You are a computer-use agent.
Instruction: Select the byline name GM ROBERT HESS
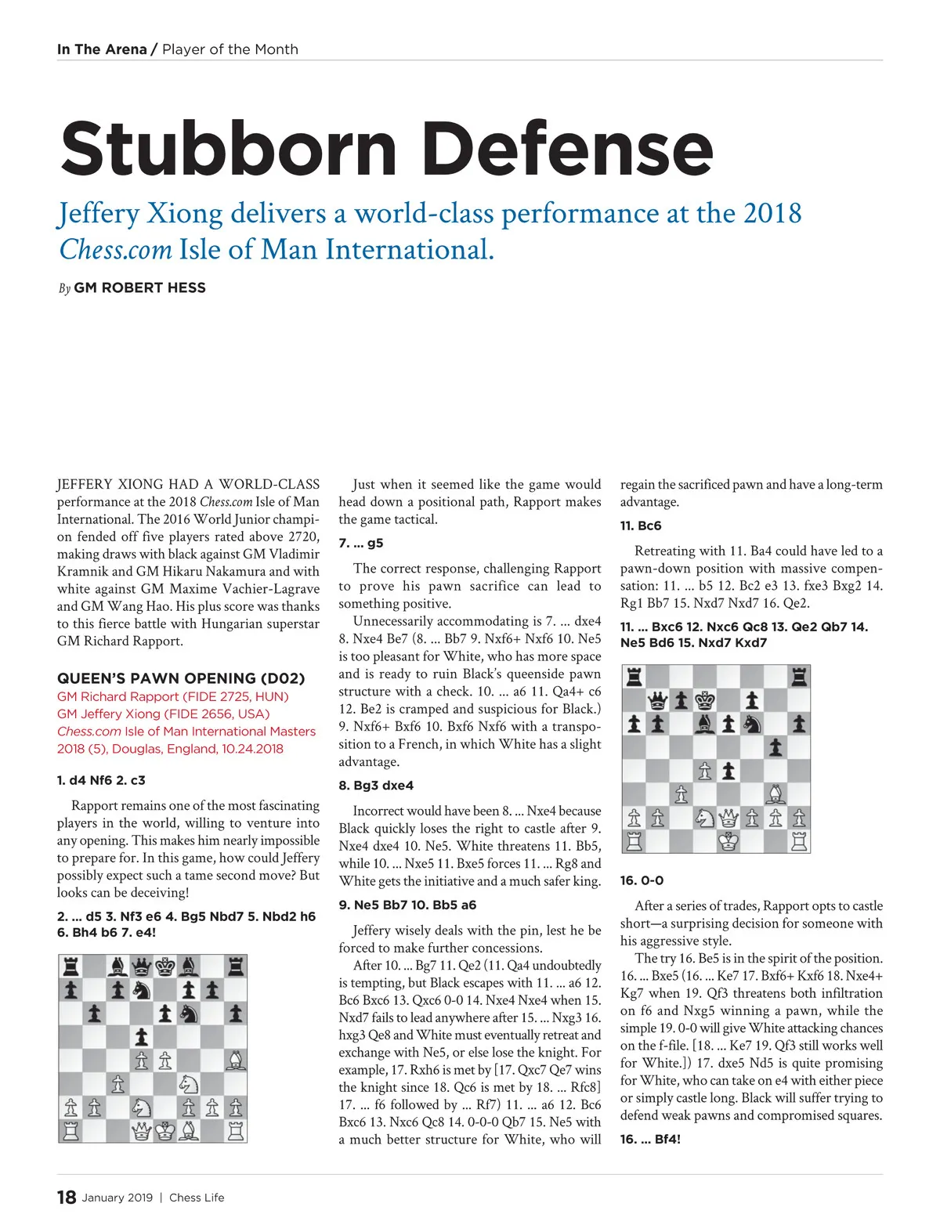[x=139, y=287]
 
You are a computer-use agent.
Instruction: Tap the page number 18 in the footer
[x=67, y=1197]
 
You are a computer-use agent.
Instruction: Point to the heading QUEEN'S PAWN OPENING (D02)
[x=181, y=678]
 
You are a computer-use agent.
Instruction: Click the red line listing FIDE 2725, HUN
[x=172, y=696]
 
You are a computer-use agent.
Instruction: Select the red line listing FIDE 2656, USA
[x=163, y=714]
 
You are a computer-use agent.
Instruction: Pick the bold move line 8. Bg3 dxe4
[x=376, y=786]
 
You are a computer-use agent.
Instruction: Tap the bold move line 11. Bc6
[x=641, y=526]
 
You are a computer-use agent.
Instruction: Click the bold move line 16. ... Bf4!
[x=650, y=1139]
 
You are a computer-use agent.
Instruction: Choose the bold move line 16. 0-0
[x=642, y=880]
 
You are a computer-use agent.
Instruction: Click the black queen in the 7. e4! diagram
[x=141, y=967]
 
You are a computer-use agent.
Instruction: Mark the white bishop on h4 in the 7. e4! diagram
[x=235, y=1061]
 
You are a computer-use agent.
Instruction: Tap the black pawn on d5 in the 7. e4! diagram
[x=141, y=1037]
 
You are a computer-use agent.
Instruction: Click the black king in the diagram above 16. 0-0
[x=705, y=700]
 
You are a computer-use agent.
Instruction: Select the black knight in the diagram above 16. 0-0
[x=752, y=724]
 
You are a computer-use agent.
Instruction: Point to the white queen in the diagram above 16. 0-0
[x=728, y=818]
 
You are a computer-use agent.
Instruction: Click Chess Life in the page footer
[x=197, y=1198]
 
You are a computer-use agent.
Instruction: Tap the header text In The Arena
[x=102, y=49]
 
